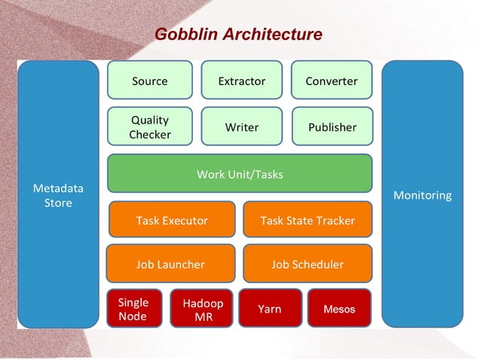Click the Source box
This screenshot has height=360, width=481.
point(149,81)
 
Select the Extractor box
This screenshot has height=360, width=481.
point(241,81)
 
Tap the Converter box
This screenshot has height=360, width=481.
point(331,81)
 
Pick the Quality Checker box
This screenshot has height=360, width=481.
point(149,127)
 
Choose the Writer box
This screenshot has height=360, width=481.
point(241,127)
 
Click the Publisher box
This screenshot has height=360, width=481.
point(331,127)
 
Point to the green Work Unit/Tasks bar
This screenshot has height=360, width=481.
point(240,174)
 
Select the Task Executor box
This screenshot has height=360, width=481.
point(171,220)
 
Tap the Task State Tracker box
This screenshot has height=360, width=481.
point(307,220)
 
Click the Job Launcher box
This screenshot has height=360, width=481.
point(170,264)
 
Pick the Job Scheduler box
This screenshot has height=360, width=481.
point(307,264)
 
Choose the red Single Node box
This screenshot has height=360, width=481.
point(133,309)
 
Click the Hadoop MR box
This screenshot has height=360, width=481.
point(202,309)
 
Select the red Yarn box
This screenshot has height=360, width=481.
point(270,309)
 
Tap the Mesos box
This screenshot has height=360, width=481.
point(339,309)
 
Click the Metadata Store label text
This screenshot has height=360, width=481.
point(58,195)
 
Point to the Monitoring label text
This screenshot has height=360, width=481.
point(422,195)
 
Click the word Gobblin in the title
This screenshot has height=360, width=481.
point(183,35)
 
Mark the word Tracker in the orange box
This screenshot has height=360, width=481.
point(332,220)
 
